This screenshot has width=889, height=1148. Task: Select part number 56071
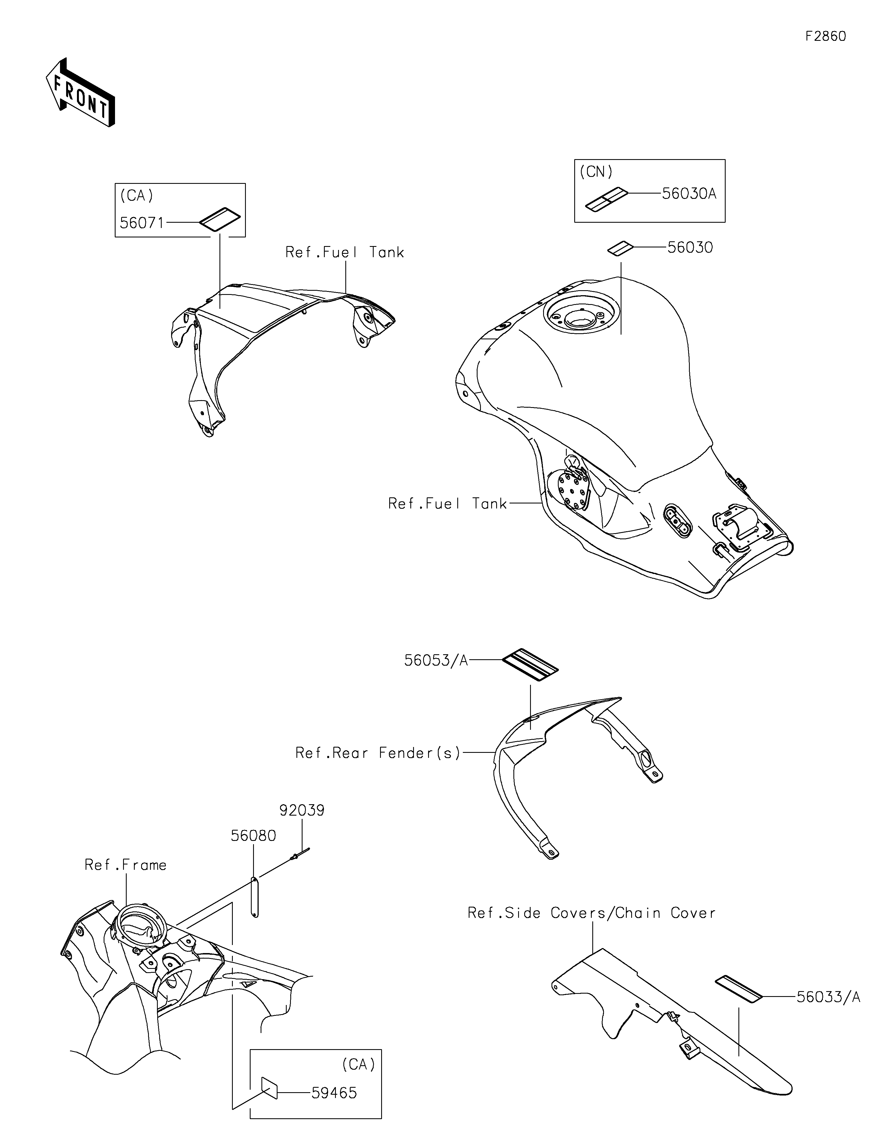pyautogui.click(x=142, y=223)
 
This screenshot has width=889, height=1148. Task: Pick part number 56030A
pyautogui.click(x=689, y=194)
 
